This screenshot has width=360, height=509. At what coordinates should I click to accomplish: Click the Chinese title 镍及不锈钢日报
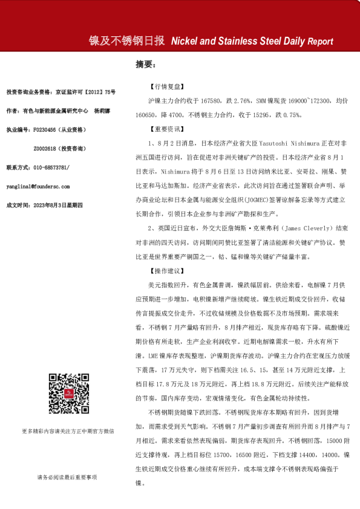(x=127, y=41)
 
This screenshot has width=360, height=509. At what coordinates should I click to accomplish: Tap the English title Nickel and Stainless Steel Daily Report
(x=252, y=42)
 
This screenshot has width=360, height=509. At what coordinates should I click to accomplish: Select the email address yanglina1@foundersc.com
(x=38, y=187)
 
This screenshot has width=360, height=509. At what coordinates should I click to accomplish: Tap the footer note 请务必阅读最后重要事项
(x=67, y=478)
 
